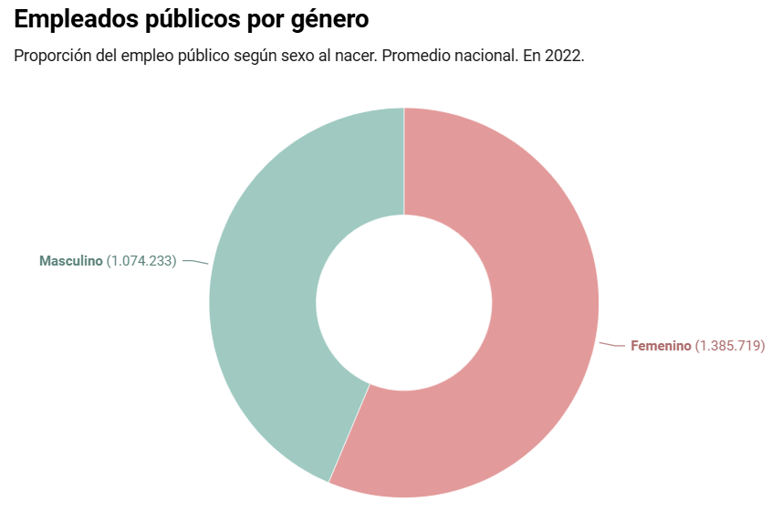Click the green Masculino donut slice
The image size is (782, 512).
(x=274, y=274)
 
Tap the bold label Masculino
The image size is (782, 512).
(x=71, y=261)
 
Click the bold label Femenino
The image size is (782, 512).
(x=661, y=346)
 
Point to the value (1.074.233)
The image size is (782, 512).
(x=141, y=261)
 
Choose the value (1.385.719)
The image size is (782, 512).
(x=730, y=346)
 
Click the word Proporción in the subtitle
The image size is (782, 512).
(x=51, y=56)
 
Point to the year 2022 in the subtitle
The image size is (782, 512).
(x=563, y=56)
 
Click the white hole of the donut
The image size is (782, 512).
(x=404, y=302)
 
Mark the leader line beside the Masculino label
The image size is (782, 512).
(x=195, y=262)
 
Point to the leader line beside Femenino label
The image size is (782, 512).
(x=612, y=345)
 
